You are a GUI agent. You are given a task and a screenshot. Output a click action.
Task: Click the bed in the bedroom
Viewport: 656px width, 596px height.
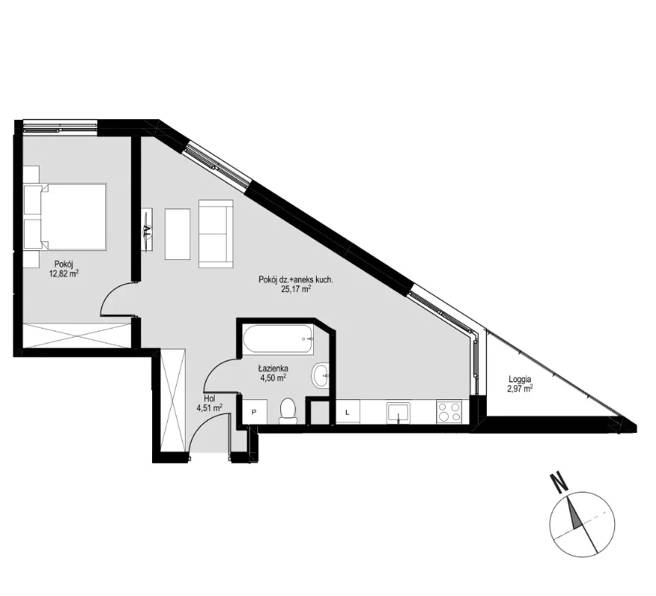click(x=65, y=217)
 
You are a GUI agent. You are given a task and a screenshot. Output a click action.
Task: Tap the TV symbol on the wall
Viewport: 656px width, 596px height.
click(x=147, y=229)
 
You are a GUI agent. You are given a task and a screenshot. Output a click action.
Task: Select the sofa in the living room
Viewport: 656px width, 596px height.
click(x=215, y=233)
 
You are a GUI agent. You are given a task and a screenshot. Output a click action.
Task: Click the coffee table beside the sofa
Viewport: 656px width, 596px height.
click(x=177, y=234)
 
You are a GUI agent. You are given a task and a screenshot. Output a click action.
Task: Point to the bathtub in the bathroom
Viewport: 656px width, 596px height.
click(x=278, y=339)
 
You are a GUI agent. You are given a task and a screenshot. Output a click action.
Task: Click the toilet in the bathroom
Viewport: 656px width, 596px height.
click(x=288, y=410)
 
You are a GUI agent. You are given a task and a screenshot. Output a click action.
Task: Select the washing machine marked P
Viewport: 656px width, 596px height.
click(x=254, y=411)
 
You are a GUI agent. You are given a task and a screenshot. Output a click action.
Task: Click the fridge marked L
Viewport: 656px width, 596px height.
click(x=347, y=412)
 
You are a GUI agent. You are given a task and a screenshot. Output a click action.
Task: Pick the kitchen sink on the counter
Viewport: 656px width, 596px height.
click(x=398, y=413)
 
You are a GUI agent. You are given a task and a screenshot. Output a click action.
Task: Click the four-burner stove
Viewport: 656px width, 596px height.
click(x=449, y=411)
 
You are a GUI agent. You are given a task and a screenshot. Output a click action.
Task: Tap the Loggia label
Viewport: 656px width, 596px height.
click(x=520, y=379)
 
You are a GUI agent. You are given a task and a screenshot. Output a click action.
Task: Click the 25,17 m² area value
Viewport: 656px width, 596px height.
click(x=296, y=289)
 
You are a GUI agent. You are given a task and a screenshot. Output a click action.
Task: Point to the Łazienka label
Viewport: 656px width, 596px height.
click(x=273, y=369)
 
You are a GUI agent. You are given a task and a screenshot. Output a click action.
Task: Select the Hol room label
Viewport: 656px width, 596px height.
click(x=209, y=399)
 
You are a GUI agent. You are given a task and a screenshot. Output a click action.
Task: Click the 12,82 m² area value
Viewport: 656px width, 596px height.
click(x=63, y=273)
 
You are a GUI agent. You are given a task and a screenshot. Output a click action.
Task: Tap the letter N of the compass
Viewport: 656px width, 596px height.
click(x=558, y=482)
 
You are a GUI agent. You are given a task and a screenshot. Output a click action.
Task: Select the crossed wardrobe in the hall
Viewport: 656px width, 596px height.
click(x=173, y=400)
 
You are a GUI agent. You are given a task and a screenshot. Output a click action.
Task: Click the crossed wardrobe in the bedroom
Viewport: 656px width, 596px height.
click(x=77, y=335)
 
